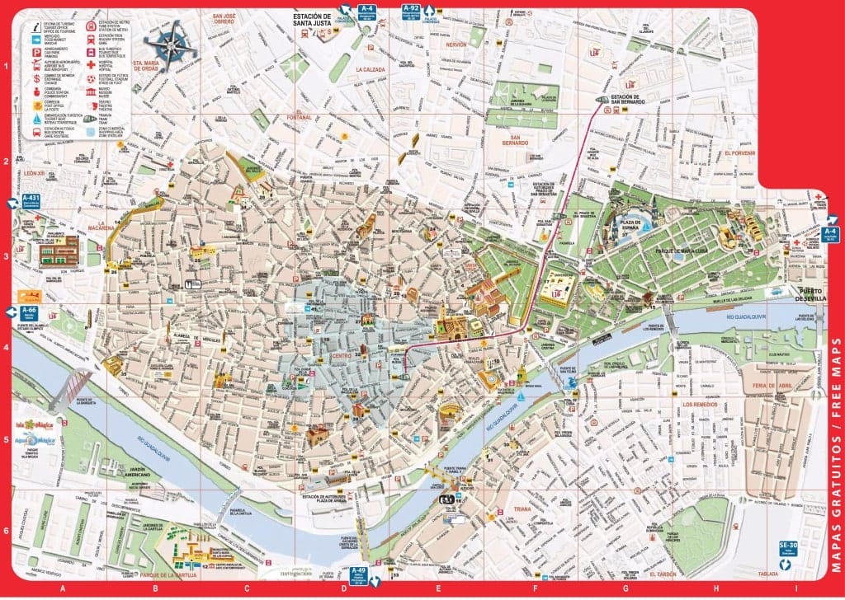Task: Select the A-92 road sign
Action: (411, 11)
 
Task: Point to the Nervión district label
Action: (456, 45)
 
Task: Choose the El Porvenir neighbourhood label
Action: (740, 153)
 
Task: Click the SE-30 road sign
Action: (788, 547)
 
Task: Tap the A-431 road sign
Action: (31, 200)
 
